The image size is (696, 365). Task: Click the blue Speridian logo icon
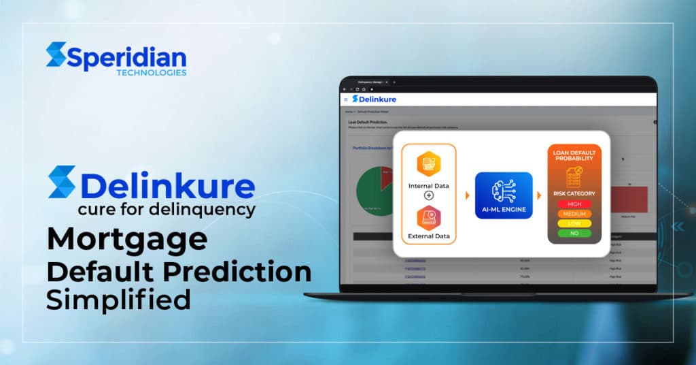coord(56,54)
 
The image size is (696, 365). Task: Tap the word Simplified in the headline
coord(118,300)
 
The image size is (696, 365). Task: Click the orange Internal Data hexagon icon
coord(429,163)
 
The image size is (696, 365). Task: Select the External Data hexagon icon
coord(429,217)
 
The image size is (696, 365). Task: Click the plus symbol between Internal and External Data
coord(429,195)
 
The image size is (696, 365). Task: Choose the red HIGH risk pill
coord(574,204)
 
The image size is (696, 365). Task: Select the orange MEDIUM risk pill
coord(574,213)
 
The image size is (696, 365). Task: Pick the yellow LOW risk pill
coord(574,223)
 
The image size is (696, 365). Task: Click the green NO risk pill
coord(574,233)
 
